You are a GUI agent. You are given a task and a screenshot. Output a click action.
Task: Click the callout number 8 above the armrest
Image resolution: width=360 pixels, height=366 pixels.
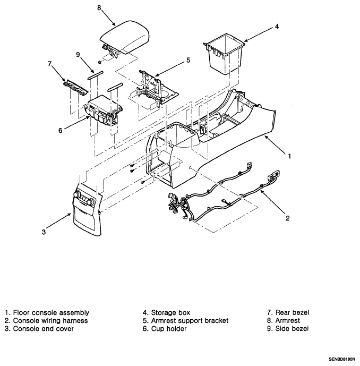point(99,8)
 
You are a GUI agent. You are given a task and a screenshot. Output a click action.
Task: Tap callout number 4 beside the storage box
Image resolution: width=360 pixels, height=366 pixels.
point(277,27)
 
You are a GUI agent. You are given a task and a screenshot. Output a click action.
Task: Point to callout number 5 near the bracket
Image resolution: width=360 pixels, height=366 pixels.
point(188,61)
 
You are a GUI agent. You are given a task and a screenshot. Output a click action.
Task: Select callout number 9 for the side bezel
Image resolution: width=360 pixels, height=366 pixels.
point(78,55)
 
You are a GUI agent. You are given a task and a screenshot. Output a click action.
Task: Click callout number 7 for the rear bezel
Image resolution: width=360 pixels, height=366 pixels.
point(49,64)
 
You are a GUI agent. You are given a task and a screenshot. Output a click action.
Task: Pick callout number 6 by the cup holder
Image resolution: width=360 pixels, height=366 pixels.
point(60,131)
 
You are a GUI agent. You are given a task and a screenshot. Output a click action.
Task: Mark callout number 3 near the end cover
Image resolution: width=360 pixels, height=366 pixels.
point(44,232)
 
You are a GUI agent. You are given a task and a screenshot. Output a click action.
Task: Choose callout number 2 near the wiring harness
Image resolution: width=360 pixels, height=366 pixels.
point(288,218)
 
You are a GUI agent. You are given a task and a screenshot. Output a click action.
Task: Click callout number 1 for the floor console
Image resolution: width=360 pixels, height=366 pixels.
point(289,156)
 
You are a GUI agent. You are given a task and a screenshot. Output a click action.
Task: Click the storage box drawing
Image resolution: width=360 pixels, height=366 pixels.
point(225,54)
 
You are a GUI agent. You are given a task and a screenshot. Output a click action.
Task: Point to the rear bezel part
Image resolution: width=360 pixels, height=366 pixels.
point(76,87)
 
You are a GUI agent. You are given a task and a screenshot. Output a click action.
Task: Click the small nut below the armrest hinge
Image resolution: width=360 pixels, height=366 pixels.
point(100,62)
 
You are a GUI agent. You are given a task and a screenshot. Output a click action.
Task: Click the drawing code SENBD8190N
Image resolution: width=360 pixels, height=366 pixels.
point(342,359)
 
